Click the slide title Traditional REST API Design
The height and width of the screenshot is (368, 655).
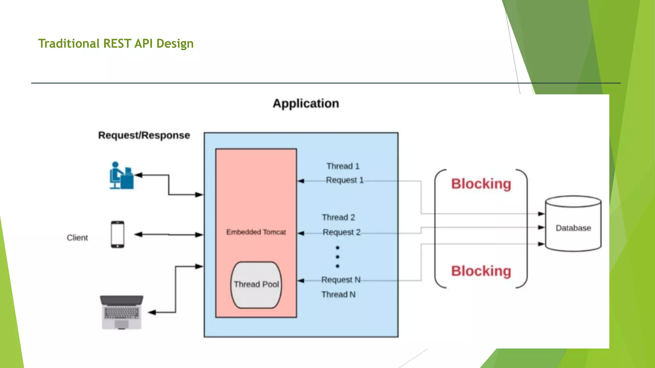(116, 43)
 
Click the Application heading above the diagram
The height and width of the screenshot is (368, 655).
(306, 103)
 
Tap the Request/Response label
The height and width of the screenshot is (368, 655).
(144, 135)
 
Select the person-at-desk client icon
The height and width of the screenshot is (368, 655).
(121, 176)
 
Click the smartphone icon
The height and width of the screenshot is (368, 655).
(117, 234)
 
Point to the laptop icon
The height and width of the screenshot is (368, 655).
(122, 312)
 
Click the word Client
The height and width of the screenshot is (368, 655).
(77, 238)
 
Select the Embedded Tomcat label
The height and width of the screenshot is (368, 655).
(256, 232)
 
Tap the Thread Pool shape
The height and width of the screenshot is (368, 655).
(256, 284)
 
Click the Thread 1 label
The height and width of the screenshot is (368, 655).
(343, 166)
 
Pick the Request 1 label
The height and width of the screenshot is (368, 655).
(344, 180)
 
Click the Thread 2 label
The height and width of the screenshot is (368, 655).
(338, 218)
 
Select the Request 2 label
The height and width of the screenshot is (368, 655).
(341, 232)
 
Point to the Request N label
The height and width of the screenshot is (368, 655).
(341, 280)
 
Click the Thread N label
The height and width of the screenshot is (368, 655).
(338, 295)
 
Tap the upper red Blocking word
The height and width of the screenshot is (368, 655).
(481, 184)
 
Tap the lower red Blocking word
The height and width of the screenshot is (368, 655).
(481, 271)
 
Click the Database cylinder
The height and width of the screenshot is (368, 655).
(573, 224)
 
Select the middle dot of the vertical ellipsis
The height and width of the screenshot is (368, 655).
(337, 257)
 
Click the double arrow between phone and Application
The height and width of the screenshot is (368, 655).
(169, 234)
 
